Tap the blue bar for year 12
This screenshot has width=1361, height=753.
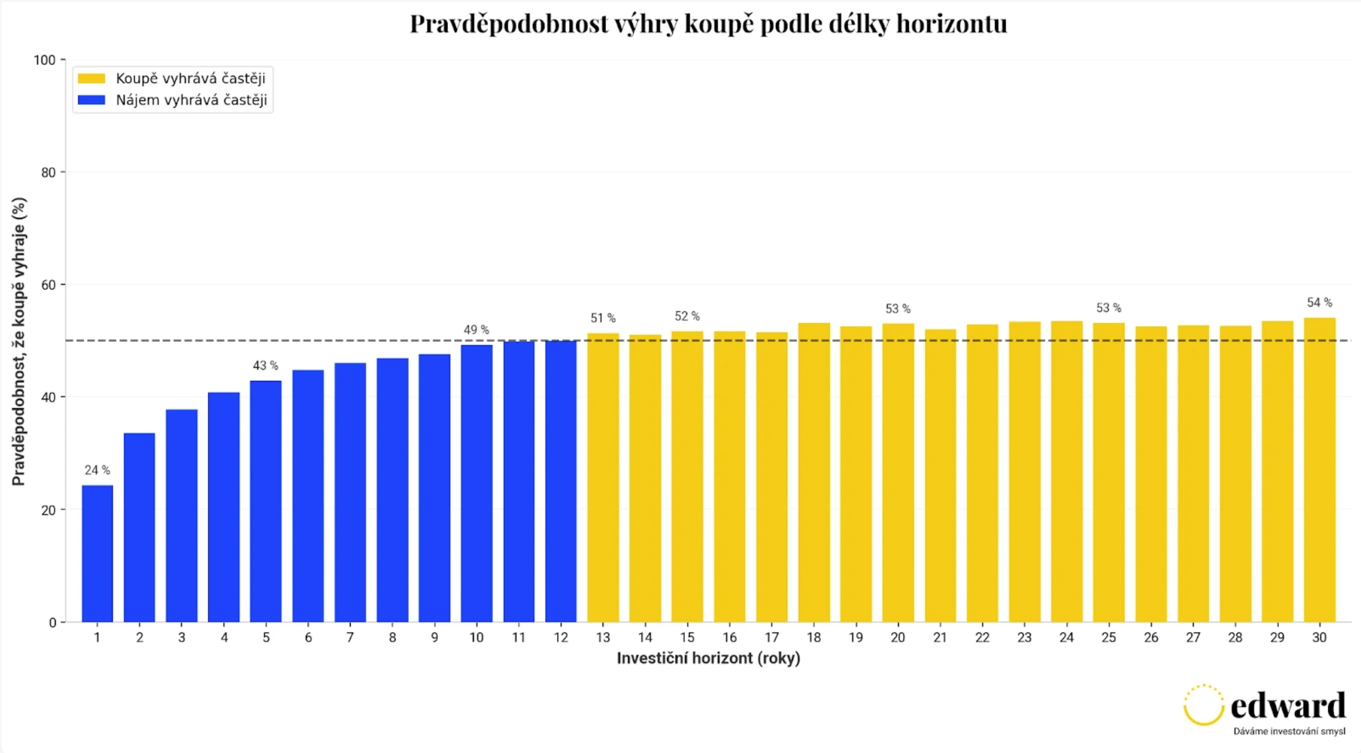(560, 481)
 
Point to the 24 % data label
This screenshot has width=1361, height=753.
(97, 470)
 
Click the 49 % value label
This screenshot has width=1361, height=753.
(476, 330)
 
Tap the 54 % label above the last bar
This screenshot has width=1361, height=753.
(1319, 302)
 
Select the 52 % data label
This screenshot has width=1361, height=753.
(687, 316)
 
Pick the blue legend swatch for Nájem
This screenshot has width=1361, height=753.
(91, 100)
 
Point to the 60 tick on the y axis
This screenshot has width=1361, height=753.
(48, 285)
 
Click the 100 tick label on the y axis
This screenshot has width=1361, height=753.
(44, 60)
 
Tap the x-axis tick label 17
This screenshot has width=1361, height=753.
(771, 638)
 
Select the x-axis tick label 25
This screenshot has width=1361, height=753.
(1108, 638)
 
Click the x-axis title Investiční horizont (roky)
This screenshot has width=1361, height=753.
(708, 658)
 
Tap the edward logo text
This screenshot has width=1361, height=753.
(1287, 706)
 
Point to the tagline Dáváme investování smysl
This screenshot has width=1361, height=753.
(1289, 731)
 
